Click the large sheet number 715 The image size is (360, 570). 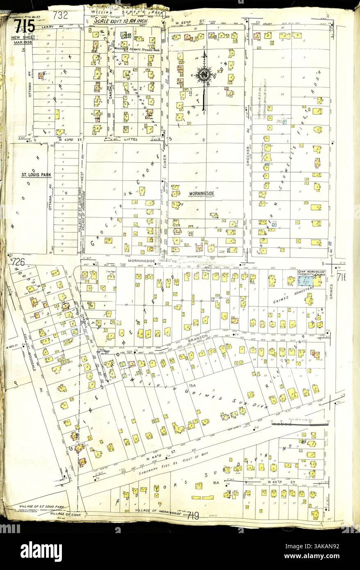24,27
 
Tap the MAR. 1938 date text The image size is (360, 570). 23,43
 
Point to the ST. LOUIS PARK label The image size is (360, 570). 36,175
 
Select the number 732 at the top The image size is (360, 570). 60,15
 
